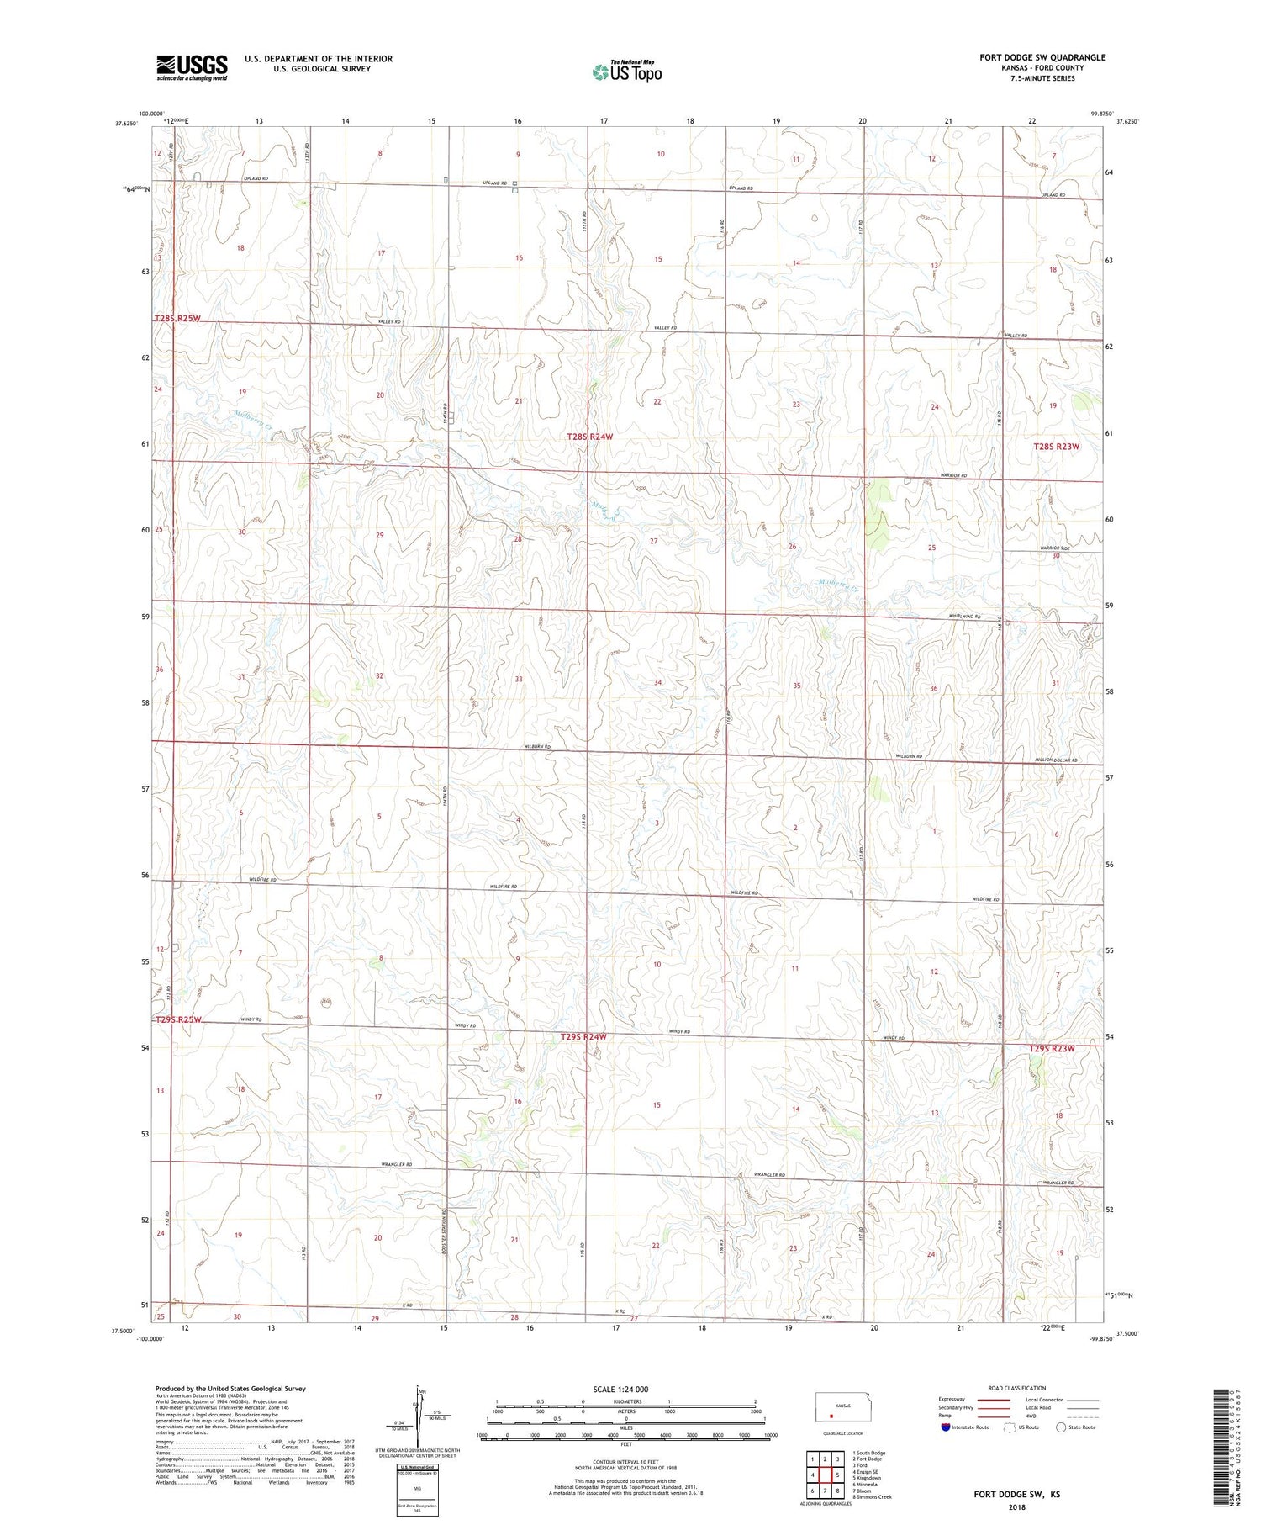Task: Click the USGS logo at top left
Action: click(192, 67)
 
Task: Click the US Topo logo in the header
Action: click(626, 71)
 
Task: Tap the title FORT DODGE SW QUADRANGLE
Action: click(1042, 57)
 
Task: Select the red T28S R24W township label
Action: click(589, 437)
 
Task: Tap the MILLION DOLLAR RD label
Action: click(1056, 760)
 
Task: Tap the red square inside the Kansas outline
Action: click(831, 1415)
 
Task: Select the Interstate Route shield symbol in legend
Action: click(945, 1427)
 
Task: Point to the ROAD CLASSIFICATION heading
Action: click(1016, 1388)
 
